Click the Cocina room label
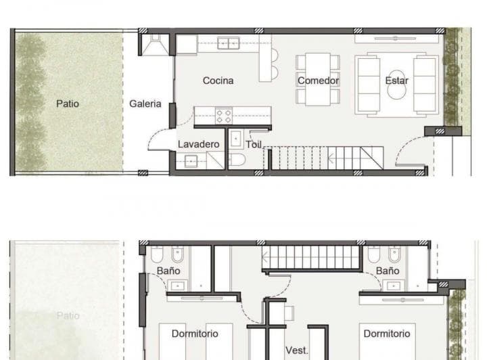click(218, 81)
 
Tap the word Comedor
click(318, 81)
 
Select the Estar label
click(397, 81)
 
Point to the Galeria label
click(145, 104)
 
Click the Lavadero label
click(199, 144)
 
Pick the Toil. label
click(254, 144)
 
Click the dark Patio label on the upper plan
click(68, 104)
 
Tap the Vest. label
click(296, 350)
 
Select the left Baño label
click(168, 271)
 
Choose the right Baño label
click(388, 271)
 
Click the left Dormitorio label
click(195, 334)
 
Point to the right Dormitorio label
click(387, 334)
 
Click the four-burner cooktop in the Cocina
click(224, 115)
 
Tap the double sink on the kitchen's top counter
click(228, 43)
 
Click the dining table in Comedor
click(317, 79)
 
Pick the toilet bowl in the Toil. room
click(236, 160)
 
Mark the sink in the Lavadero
click(189, 161)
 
